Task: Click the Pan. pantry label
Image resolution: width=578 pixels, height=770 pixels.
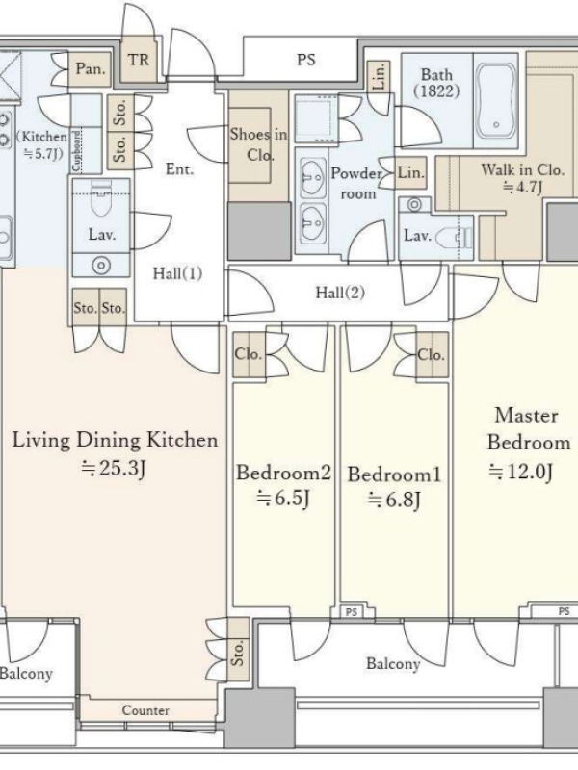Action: point(91,68)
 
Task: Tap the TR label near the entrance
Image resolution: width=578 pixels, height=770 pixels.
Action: point(138,60)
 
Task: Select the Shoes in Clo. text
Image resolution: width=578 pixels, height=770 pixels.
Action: point(258,144)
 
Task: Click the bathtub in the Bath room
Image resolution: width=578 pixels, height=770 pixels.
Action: point(496,101)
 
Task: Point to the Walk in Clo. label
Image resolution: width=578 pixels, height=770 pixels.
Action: point(522,170)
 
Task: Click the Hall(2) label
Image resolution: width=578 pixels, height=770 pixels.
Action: point(340,293)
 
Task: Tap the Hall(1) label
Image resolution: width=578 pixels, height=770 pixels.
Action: point(177,273)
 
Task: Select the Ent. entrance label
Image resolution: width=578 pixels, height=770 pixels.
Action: point(179,169)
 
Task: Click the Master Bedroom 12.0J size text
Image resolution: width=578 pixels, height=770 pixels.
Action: point(521,472)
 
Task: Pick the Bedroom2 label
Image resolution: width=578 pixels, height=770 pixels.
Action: point(283,473)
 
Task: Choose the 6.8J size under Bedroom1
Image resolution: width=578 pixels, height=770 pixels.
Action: point(394,500)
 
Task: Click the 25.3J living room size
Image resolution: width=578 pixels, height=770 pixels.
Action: point(114,468)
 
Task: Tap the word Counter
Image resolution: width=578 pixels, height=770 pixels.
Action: point(145,710)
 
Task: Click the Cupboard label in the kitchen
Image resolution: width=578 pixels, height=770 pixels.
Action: point(76,151)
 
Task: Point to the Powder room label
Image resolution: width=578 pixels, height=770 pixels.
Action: point(357,183)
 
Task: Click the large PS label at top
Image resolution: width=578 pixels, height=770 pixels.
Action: point(306,60)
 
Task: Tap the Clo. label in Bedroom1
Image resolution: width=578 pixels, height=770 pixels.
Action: point(431,354)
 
